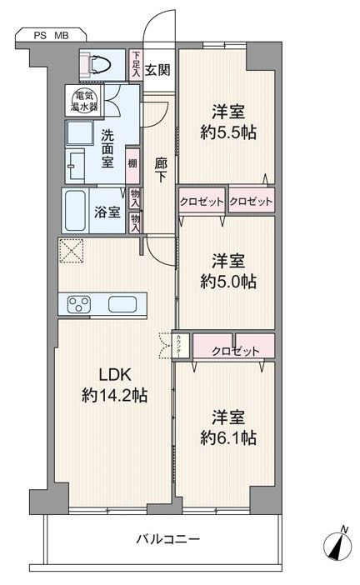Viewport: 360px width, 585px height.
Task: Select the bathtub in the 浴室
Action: pos(76,211)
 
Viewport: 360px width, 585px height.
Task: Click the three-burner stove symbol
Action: pos(78,304)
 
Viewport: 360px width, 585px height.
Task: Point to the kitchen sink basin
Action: pos(122,304)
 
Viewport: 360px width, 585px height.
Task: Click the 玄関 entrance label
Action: pos(157,70)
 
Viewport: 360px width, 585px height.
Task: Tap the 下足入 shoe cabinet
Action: pos(136,64)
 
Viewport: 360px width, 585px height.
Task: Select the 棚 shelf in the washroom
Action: pos(132,163)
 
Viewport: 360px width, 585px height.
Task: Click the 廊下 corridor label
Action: pos(161,170)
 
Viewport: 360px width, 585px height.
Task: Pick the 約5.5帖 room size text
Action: pos(228,132)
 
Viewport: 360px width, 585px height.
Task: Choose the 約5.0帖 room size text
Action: pos(228,281)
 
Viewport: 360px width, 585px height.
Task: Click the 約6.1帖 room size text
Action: pos(228,437)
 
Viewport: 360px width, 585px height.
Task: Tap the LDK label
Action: pos(115,374)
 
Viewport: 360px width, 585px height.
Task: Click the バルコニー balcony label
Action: pos(167,538)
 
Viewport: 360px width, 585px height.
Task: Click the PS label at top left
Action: pos(40,36)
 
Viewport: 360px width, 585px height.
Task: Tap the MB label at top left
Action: pos(62,36)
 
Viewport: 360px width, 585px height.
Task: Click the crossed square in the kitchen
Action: pos(71,250)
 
